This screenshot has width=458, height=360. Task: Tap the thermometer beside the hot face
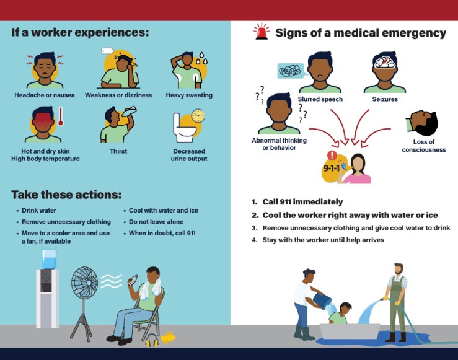[61, 116]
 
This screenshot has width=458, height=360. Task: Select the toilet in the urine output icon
[183, 128]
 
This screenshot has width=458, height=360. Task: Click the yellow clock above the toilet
[198, 116]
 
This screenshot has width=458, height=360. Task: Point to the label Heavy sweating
[189, 95]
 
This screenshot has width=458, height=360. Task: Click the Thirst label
[118, 151]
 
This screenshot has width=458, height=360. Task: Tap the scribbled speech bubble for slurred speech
[290, 71]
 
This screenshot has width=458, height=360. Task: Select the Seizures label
[385, 99]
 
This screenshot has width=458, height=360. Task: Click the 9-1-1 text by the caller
[332, 168]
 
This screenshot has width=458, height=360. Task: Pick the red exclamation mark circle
[332, 155]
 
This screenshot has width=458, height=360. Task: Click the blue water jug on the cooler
[49, 259]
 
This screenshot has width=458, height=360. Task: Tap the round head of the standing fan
[85, 283]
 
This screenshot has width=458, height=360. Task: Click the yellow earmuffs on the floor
[152, 340]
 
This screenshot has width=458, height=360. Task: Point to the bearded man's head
[399, 269]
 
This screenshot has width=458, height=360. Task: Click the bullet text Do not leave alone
[156, 222]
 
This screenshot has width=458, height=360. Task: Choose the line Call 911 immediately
[302, 202]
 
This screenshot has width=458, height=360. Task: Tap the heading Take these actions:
[66, 195]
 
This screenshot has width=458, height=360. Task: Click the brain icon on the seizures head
[385, 62]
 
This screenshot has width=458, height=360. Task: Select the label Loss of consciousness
[424, 146]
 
